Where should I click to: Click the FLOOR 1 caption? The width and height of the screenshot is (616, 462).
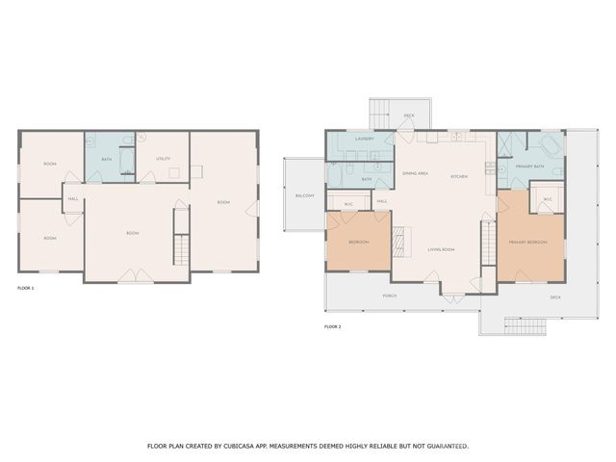[26, 288]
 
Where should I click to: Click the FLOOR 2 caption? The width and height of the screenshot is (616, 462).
[332, 327]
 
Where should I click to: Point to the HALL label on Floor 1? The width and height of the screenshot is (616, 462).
[73, 199]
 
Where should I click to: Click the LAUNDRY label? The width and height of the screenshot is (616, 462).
[364, 139]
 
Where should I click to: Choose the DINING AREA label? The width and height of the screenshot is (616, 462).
[415, 173]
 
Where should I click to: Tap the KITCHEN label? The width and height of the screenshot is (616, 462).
[459, 176]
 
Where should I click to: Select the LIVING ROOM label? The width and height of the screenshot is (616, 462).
[441, 249]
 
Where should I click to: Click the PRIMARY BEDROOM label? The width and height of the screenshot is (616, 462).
[528, 243]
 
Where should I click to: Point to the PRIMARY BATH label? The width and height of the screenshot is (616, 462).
[530, 167]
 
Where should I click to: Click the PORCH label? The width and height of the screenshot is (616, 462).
[390, 295]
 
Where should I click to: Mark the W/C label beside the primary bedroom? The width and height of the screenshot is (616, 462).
[547, 200]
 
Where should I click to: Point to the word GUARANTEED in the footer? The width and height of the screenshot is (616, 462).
[444, 447]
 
